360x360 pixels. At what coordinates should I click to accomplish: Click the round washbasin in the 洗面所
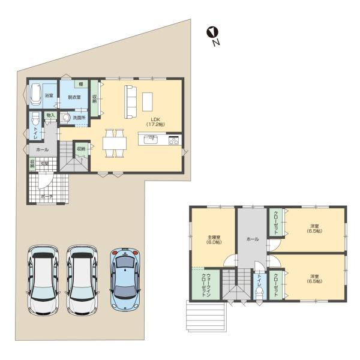pyautogui.click(x=65, y=118)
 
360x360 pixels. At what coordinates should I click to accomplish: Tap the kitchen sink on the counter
pyautogui.click(x=151, y=141)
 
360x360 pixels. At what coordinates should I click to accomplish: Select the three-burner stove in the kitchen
pyautogui.click(x=173, y=141)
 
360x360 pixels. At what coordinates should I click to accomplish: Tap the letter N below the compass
pyautogui.click(x=215, y=44)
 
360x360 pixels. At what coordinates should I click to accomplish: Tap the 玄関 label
pyautogui.click(x=44, y=163)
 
